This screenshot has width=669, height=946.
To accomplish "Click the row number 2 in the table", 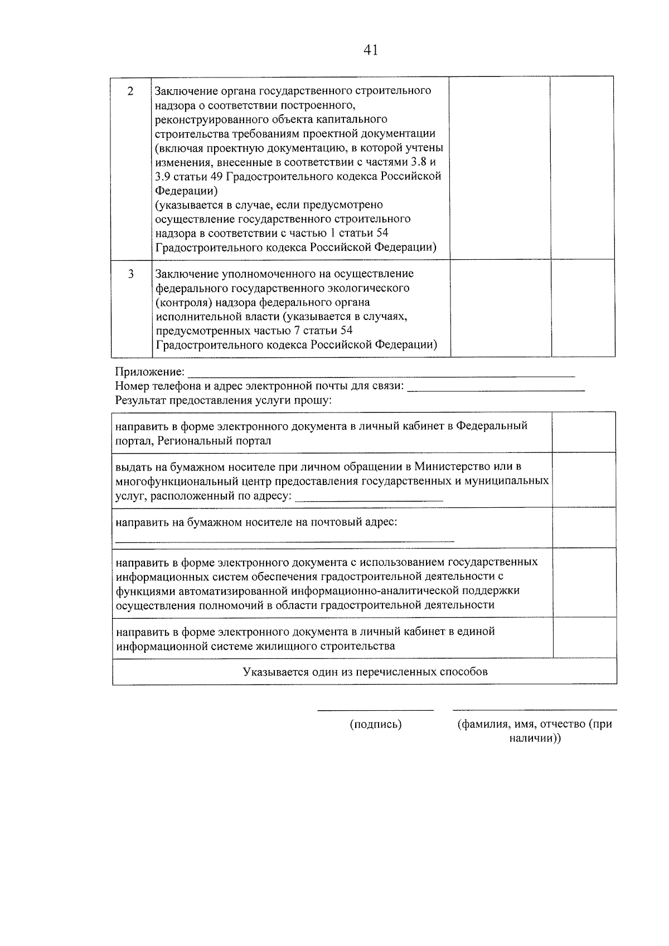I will click(x=130, y=91).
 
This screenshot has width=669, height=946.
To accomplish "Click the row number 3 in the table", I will click(x=130, y=274).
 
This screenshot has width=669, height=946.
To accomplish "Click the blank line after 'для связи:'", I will click(x=496, y=390).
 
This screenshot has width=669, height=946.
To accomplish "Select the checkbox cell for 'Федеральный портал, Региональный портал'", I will click(x=584, y=433).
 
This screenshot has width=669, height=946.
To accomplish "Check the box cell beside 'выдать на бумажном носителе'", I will click(x=584, y=480).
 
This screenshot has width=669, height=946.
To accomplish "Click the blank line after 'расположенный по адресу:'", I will click(x=369, y=500).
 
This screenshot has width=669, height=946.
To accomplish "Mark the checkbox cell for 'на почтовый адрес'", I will click(x=584, y=527).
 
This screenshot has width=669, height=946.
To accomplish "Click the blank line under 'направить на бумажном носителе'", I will click(x=284, y=540).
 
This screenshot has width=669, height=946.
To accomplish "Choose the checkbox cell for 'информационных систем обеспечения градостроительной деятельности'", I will click(x=584, y=583).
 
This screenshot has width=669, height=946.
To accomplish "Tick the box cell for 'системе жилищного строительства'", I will click(x=584, y=638).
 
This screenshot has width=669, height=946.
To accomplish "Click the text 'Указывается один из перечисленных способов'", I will click(x=365, y=672).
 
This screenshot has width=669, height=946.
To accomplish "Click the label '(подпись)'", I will click(x=376, y=724).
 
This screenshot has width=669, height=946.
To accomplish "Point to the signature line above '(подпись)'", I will click(x=375, y=710).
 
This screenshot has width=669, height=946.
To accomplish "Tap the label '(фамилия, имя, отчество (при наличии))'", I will click(x=535, y=731).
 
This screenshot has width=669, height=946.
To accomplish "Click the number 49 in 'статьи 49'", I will click(x=217, y=177).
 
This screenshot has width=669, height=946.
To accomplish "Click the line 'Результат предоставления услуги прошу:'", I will click(x=223, y=400).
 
